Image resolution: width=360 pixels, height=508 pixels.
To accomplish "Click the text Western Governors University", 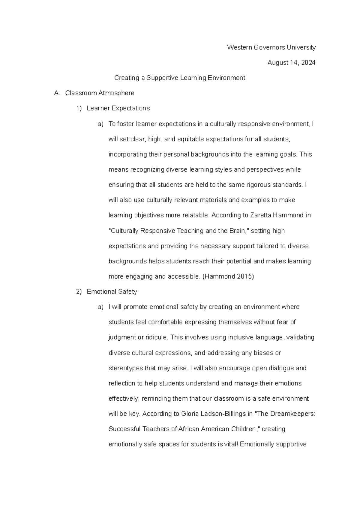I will click(x=271, y=47).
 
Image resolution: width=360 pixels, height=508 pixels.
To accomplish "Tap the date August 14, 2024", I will click(x=291, y=63).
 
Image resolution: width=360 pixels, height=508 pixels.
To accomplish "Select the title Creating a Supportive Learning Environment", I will click(x=180, y=78).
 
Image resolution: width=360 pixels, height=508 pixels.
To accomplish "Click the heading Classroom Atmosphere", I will click(x=100, y=93).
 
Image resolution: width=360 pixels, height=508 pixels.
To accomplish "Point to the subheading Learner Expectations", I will click(x=118, y=108).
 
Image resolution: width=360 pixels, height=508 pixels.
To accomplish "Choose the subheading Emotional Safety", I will click(x=112, y=292).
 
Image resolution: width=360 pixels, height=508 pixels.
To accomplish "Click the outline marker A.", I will click(x=57, y=93).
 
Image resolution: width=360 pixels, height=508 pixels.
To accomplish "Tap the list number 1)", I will click(x=79, y=108).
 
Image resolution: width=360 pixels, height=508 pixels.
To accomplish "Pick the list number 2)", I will click(x=79, y=292).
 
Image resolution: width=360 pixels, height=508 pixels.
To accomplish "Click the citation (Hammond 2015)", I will click(x=228, y=276).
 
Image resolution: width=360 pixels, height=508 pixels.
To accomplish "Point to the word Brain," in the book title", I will click(x=239, y=231).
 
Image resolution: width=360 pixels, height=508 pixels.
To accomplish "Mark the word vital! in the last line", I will click(x=231, y=444).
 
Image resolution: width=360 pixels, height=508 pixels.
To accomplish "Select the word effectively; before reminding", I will click(x=124, y=399).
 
